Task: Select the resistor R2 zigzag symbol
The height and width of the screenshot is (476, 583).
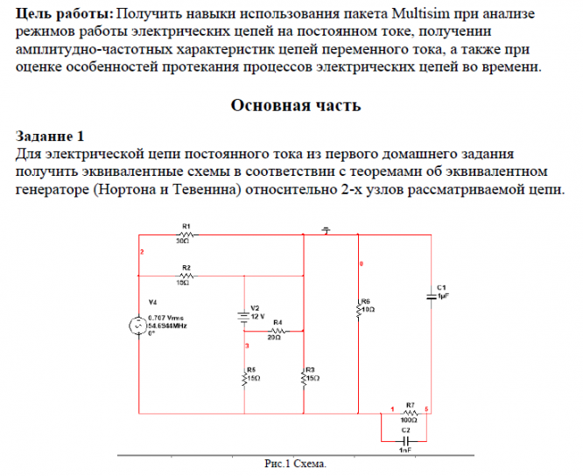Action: (x=185, y=275)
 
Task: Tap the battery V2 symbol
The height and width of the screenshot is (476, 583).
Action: (x=244, y=316)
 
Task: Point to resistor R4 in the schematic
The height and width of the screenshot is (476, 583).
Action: (x=277, y=331)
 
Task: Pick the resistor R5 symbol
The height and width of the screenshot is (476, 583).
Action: (x=244, y=378)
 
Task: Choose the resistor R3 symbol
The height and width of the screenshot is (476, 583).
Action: (x=303, y=378)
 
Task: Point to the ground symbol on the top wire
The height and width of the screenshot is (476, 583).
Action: (x=326, y=230)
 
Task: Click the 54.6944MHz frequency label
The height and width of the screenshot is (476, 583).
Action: (x=168, y=325)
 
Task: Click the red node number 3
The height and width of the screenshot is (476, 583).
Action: (x=248, y=347)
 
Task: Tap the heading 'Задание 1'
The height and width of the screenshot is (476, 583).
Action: (x=50, y=136)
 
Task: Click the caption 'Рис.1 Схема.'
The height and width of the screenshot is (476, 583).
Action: (x=295, y=465)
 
